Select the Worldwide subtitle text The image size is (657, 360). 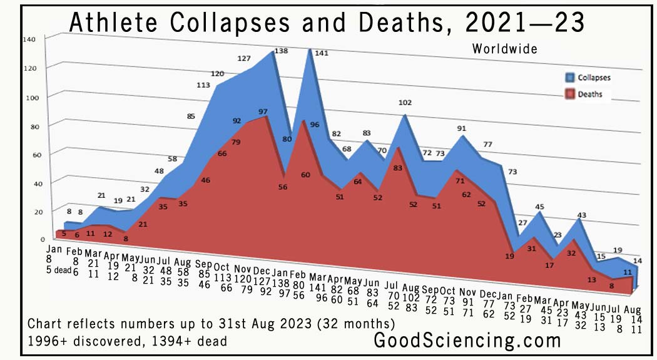click(x=504, y=49)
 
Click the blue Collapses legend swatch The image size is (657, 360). click(x=571, y=78)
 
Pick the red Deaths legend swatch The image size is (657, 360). click(x=571, y=94)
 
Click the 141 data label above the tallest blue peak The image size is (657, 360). click(x=320, y=54)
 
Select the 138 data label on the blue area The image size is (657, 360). click(x=281, y=51)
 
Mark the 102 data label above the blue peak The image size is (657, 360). click(x=405, y=103)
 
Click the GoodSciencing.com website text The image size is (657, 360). click(x=467, y=341)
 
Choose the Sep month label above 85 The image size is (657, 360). click(x=203, y=264)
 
